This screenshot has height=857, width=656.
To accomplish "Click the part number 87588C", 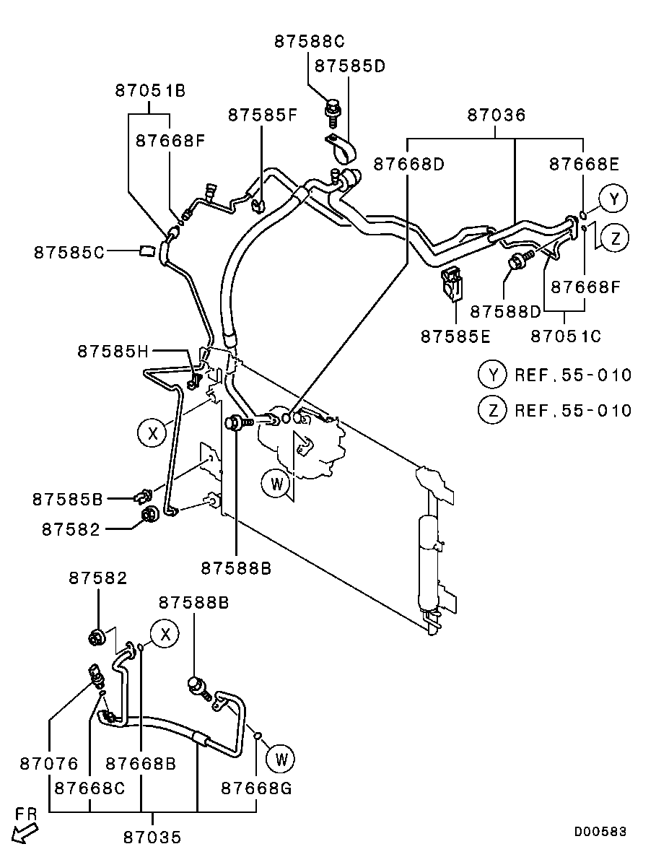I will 309,42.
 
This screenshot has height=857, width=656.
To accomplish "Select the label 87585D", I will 350,66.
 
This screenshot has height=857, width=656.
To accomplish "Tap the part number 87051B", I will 150,91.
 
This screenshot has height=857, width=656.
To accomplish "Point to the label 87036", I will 496,115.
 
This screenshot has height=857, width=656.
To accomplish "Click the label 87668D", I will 408,165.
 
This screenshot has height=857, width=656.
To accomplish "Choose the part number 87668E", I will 584,165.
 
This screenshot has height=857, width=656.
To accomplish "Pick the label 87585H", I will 113,352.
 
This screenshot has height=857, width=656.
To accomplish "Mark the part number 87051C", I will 565,336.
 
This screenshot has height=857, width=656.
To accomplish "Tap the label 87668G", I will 256,787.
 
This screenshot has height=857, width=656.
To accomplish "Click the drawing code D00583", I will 600,832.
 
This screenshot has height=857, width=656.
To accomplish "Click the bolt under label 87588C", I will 333,110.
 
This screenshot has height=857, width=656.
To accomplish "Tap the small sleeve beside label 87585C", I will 146,251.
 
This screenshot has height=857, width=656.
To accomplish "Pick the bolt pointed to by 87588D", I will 518,262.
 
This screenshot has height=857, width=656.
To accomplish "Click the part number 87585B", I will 67,498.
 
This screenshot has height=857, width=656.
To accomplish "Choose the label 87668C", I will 90,787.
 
